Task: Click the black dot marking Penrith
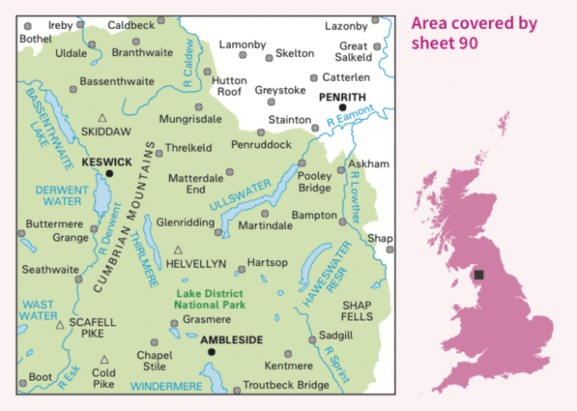343,107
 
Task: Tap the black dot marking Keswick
110,173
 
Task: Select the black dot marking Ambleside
211,352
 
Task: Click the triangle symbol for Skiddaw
102,118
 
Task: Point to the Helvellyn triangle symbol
178,250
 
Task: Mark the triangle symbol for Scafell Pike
61,324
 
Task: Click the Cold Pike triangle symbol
104,359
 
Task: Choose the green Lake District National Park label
209,299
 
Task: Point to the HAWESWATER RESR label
327,275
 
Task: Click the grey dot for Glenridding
218,232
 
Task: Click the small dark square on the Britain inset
479,275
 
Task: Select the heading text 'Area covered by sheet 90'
474,32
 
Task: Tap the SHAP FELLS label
357,311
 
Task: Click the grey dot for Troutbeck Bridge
237,391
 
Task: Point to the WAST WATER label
38,310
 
